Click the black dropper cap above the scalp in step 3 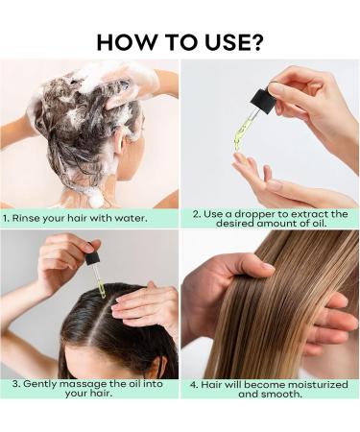[92, 258]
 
